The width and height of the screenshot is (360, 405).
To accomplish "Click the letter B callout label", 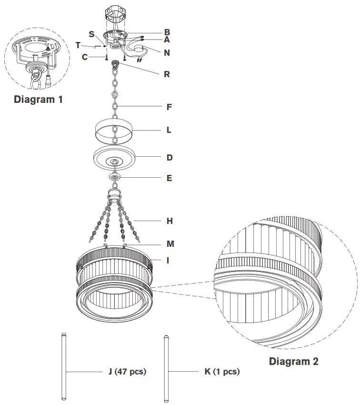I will click(x=167, y=32).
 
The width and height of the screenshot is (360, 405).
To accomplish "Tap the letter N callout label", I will click(x=167, y=53).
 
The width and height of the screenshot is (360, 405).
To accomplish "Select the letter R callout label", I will click(x=167, y=74).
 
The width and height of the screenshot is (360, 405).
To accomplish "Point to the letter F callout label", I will click(x=169, y=107).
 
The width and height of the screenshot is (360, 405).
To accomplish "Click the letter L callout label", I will click(x=169, y=130).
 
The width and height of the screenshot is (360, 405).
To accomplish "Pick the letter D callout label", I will click(x=169, y=157).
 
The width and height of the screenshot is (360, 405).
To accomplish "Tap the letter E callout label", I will click(x=169, y=178).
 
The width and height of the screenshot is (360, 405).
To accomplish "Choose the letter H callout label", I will click(x=170, y=221).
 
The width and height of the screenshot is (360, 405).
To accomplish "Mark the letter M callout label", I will click(x=170, y=244).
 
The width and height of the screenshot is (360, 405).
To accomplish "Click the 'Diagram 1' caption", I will click(x=38, y=100).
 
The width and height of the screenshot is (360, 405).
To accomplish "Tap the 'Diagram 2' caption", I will click(x=294, y=361).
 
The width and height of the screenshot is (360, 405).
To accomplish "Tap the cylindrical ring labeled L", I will click(x=115, y=131).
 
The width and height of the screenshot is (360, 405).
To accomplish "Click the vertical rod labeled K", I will click(x=166, y=367).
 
